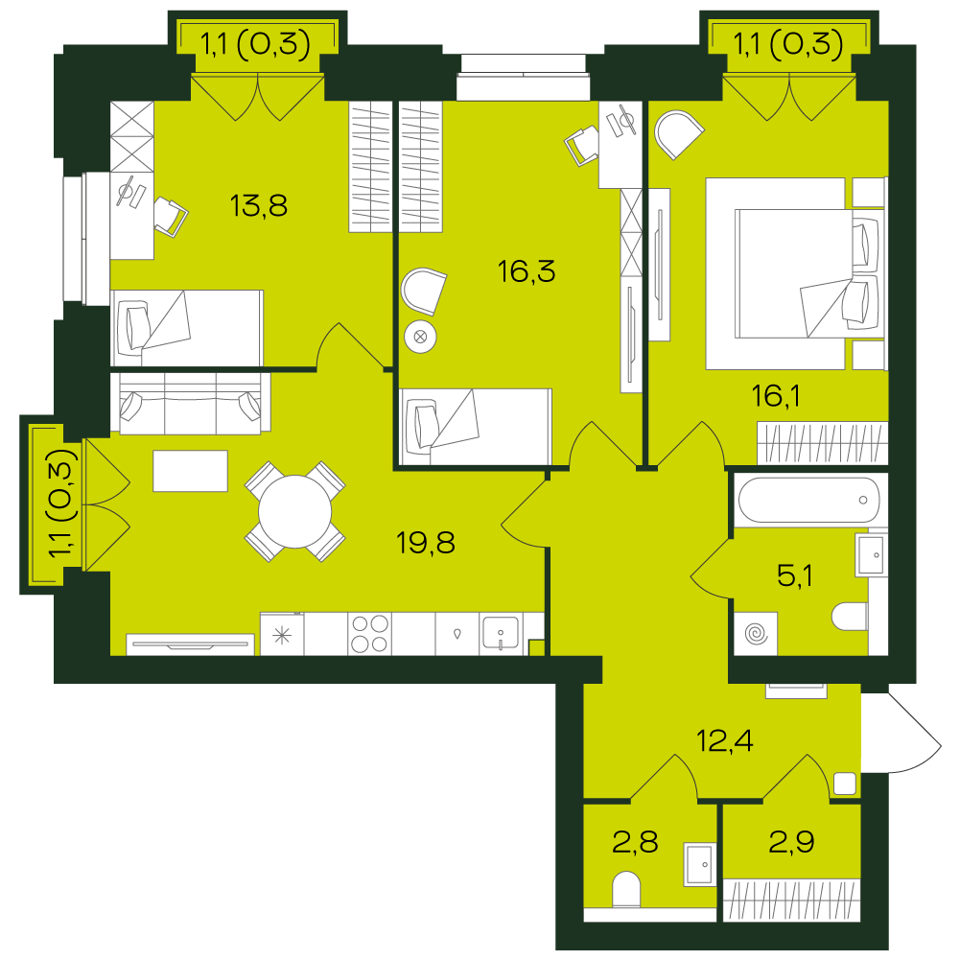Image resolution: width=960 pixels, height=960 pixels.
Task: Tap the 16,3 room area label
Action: [x=527, y=271]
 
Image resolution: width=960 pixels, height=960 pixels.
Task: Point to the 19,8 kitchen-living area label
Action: [x=425, y=543]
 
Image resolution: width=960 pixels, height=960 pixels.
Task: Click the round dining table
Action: [x=294, y=512]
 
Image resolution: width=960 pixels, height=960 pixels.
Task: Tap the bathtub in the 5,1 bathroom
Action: [x=808, y=500]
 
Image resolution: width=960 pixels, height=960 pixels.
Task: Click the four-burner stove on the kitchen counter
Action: [x=369, y=633]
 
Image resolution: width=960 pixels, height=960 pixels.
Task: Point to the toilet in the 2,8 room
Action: [x=626, y=889]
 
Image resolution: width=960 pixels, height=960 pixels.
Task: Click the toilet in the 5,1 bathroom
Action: [x=850, y=616]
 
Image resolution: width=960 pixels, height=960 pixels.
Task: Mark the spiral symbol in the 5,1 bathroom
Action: [x=756, y=633]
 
